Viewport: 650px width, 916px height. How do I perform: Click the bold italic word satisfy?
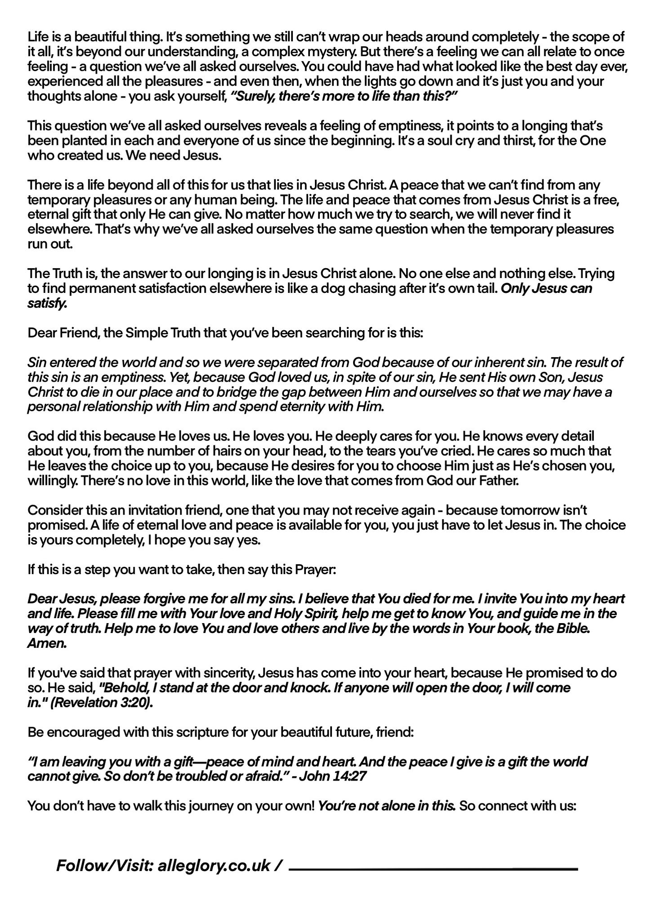click(x=47, y=304)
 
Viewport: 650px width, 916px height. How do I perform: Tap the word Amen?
click(x=47, y=644)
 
